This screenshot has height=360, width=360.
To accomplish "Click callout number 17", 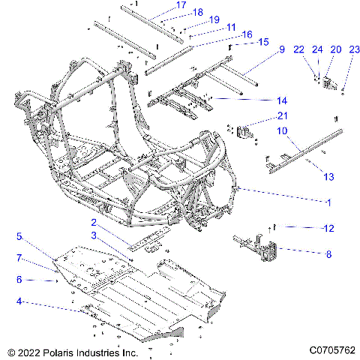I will click(x=181, y=5).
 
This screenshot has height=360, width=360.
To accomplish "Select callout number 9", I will click(x=282, y=49).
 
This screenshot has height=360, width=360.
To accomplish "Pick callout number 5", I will click(x=20, y=235).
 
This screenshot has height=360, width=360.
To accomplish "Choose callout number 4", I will click(x=20, y=304).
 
